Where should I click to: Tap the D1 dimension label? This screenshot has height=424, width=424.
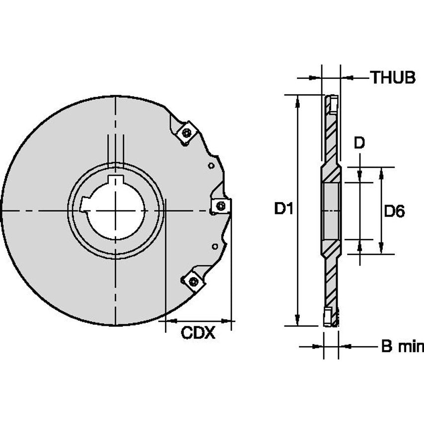pyautogui.click(x=283, y=209)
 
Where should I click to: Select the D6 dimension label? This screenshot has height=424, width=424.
pyautogui.click(x=394, y=212)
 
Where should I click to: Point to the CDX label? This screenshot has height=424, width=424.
pyautogui.click(x=198, y=333)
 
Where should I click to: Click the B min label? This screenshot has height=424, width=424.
pyautogui.click(x=402, y=346)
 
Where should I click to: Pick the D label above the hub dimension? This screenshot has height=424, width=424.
pyautogui.click(x=359, y=143)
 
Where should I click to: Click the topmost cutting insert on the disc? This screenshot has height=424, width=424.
pyautogui.click(x=187, y=133)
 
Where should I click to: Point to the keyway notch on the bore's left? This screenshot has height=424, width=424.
pyautogui.click(x=84, y=204)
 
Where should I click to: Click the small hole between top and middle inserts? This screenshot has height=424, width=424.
pyautogui.click(x=211, y=166)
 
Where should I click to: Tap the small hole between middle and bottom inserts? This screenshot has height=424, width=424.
pyautogui.click(x=214, y=246)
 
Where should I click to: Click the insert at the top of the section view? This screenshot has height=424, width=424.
pyautogui.click(x=332, y=104)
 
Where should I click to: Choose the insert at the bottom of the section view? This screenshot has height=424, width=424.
pyautogui.click(x=328, y=317)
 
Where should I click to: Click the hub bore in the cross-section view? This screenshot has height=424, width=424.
pyautogui.click(x=331, y=211)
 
